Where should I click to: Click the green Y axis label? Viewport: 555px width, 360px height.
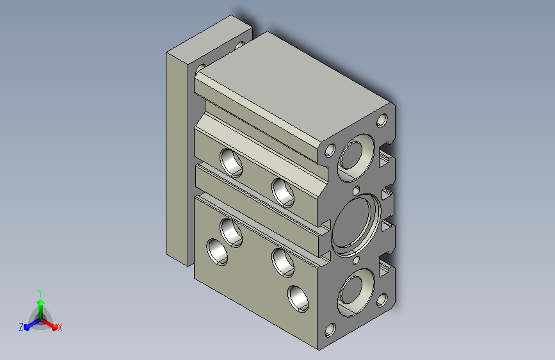coord(40,293)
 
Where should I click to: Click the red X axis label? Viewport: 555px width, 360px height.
coord(60,328)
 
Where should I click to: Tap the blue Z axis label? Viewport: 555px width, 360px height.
coord(21,327)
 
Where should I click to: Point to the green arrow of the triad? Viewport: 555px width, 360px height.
coord(40,309)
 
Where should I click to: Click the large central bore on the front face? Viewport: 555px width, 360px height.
coord(356,224)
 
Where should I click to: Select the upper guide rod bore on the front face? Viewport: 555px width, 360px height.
coord(356,158)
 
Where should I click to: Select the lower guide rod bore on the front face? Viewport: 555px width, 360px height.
coord(356,292)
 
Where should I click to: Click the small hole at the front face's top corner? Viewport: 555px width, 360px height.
coord(382,120)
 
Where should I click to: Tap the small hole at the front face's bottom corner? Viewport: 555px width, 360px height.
coord(330,330)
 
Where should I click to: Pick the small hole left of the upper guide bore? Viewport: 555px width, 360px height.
coord(330,151)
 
